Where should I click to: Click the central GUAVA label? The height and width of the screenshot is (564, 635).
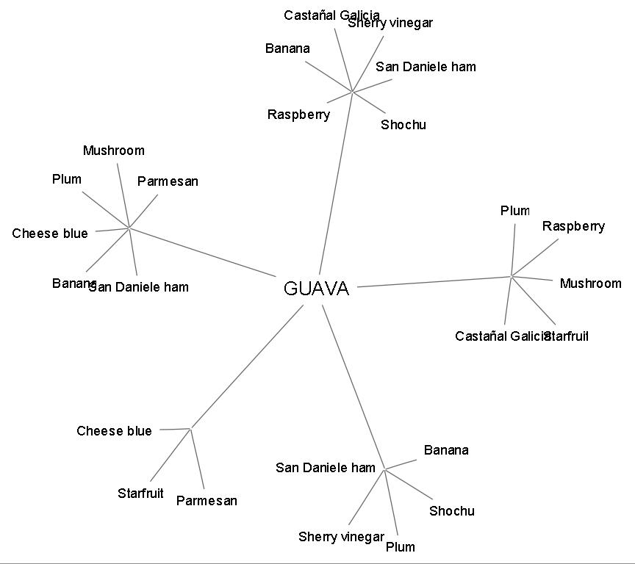(316, 289)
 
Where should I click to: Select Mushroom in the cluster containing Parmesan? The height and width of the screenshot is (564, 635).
(113, 151)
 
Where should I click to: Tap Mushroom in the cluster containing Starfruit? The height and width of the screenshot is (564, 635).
(590, 283)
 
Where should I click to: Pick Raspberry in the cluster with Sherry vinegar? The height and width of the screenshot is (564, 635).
(298, 115)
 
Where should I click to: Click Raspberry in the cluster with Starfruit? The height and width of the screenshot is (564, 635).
(573, 226)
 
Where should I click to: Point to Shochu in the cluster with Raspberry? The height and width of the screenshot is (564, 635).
(403, 125)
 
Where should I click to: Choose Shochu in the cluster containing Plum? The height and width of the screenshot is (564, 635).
(451, 511)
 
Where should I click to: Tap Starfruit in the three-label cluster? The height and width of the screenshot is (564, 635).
(140, 493)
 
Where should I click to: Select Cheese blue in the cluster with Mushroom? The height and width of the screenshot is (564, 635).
(49, 234)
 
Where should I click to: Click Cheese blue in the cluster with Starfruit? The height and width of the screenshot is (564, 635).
(114, 431)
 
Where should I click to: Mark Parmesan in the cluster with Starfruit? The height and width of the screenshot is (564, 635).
(207, 501)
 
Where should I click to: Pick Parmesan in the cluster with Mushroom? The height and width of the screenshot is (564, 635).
(168, 181)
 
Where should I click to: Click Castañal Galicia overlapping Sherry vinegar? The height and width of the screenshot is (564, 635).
(316, 15)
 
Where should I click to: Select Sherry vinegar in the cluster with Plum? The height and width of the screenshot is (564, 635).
(341, 537)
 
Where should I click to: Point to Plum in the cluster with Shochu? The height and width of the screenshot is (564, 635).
(400, 547)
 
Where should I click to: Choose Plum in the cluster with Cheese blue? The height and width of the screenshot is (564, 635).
(67, 179)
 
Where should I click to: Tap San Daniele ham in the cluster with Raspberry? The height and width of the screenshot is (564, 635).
(426, 67)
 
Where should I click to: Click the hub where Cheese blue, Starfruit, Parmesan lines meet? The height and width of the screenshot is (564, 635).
(190, 428)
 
